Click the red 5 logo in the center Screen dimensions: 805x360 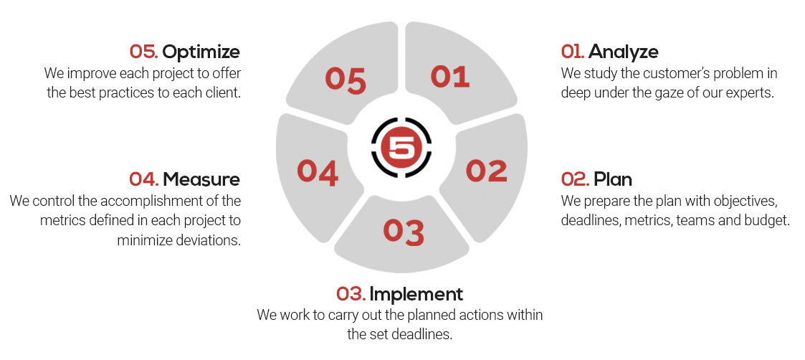pyautogui.click(x=401, y=148)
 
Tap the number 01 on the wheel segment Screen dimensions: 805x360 pyautogui.click(x=449, y=77)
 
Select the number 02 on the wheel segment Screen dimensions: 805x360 pyautogui.click(x=486, y=171)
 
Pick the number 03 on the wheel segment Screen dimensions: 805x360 pyautogui.click(x=404, y=232)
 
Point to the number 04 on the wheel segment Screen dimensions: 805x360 pyautogui.click(x=318, y=172)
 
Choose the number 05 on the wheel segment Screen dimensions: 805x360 pyautogui.click(x=346, y=80)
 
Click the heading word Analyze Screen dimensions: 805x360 pyautogui.click(x=623, y=52)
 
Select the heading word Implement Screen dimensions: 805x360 pyautogui.click(x=416, y=294)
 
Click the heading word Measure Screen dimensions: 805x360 pyautogui.click(x=201, y=180)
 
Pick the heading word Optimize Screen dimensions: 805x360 pyautogui.click(x=201, y=52)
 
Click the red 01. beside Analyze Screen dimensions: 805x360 pyautogui.click(x=573, y=52)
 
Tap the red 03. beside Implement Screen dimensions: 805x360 pyautogui.click(x=351, y=294)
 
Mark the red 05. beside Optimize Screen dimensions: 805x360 pyautogui.click(x=144, y=52)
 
